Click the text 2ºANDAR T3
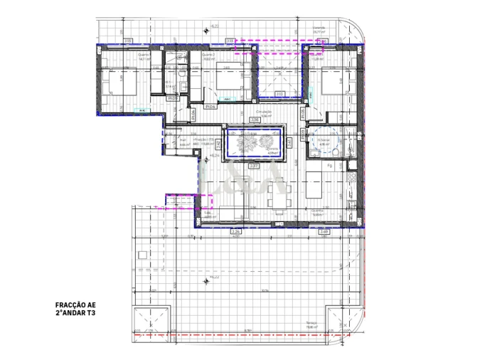[75, 312]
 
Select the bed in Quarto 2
[226, 78]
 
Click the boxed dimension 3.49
[324, 232]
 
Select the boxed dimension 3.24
[236, 232]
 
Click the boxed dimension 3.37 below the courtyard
[254, 165]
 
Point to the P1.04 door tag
[210, 107]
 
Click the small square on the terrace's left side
[140, 255]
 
